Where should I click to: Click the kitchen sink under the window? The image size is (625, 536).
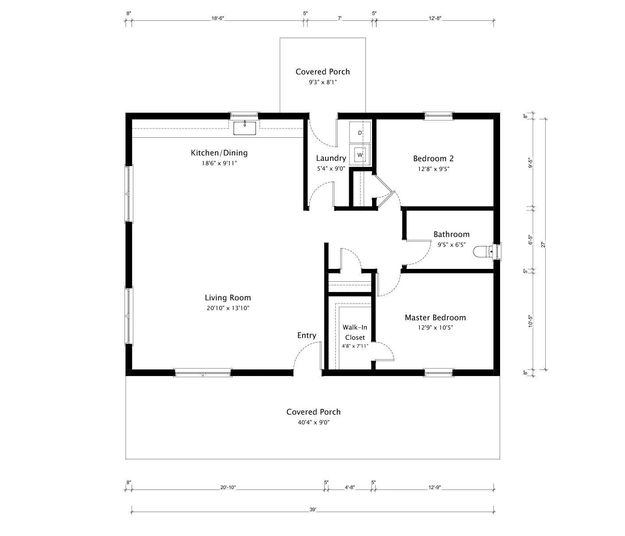tap(245, 128)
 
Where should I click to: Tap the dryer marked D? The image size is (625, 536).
tap(360, 132)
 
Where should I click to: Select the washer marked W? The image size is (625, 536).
tap(360, 155)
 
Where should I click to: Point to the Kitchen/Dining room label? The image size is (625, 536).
tap(219, 153)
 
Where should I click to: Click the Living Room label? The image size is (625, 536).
tap(228, 298)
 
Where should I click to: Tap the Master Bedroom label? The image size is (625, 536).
tap(435, 318)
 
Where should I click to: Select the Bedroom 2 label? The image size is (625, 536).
tap(433, 159)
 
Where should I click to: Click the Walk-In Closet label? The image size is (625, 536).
tap(355, 332)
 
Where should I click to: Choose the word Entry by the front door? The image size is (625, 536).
tap(307, 335)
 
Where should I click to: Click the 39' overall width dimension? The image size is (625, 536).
tap(313, 510)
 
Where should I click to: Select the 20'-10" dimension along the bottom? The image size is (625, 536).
tap(228, 488)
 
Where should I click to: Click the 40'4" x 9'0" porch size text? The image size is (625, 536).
tap(313, 422)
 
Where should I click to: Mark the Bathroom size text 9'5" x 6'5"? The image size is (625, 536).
tap(451, 245)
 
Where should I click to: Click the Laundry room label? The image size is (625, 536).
tap(331, 158)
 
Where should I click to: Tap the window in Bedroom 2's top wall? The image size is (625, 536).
tap(439, 116)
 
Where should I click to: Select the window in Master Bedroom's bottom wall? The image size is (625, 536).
tap(439, 373)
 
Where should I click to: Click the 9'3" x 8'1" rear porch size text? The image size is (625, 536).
tap(322, 82)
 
